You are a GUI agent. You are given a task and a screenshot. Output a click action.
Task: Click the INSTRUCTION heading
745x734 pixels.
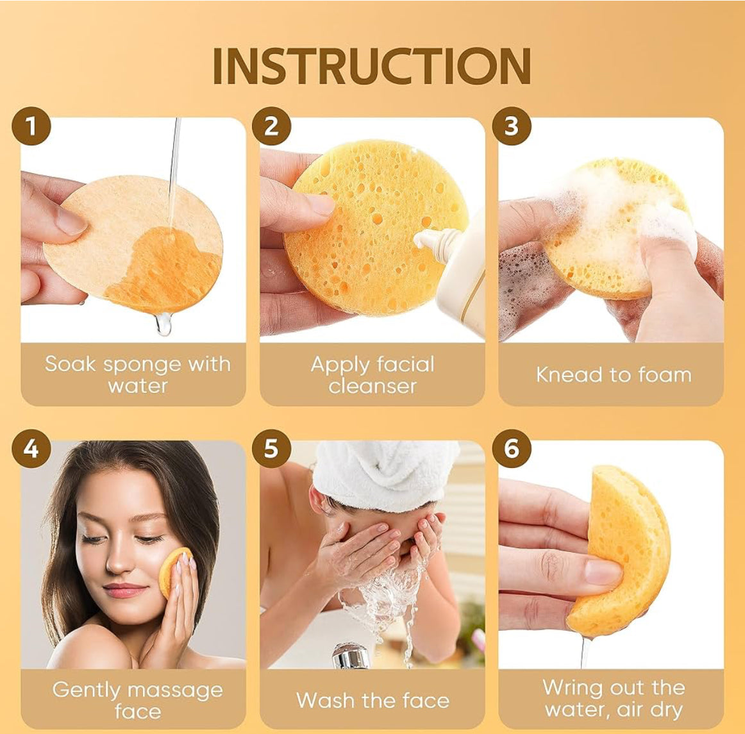[372, 66]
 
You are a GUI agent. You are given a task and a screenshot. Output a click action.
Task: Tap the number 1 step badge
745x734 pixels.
[31, 126]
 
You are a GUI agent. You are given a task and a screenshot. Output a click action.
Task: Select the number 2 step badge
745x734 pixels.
[271, 126]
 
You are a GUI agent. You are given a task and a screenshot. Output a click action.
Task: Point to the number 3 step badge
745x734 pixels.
[512, 126]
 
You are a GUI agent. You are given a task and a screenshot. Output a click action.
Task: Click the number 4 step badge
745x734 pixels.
[31, 449]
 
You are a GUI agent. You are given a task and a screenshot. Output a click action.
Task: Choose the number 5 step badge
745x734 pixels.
[271, 449]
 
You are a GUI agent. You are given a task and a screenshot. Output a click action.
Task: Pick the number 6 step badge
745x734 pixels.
[512, 449]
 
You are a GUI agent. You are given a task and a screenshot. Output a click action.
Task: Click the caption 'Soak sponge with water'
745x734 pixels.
[138, 374]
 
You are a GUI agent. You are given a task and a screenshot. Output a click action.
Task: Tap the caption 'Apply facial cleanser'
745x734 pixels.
[372, 374]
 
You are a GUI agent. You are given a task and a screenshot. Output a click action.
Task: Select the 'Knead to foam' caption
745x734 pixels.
[614, 375]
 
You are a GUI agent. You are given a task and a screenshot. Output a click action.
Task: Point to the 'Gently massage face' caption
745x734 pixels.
[138, 700]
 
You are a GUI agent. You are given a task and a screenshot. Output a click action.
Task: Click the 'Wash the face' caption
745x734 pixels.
[373, 700]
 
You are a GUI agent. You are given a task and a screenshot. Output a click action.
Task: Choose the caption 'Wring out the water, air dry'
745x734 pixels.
[614, 698]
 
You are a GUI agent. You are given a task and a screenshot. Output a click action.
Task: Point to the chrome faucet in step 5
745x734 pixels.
[351, 656]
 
